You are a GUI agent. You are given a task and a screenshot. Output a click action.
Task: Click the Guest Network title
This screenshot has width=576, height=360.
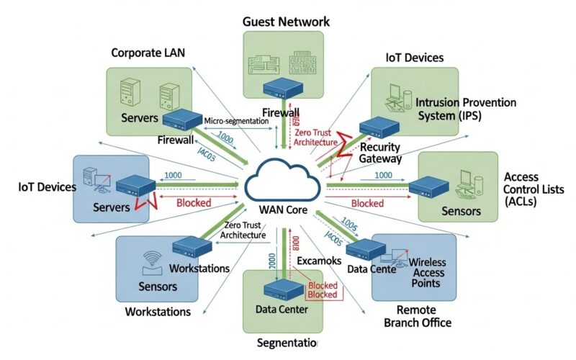(x=286, y=22)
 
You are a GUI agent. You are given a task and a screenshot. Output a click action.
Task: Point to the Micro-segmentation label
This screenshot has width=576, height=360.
(x=236, y=121)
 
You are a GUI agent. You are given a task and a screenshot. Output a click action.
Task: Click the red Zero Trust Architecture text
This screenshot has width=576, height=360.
(x=315, y=137)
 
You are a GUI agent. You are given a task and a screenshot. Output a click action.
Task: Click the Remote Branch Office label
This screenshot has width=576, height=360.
(x=418, y=316)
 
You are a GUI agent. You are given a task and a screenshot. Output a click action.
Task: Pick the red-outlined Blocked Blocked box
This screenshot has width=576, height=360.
(x=323, y=290)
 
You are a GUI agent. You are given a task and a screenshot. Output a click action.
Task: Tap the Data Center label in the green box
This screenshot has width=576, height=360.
(x=282, y=310)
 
